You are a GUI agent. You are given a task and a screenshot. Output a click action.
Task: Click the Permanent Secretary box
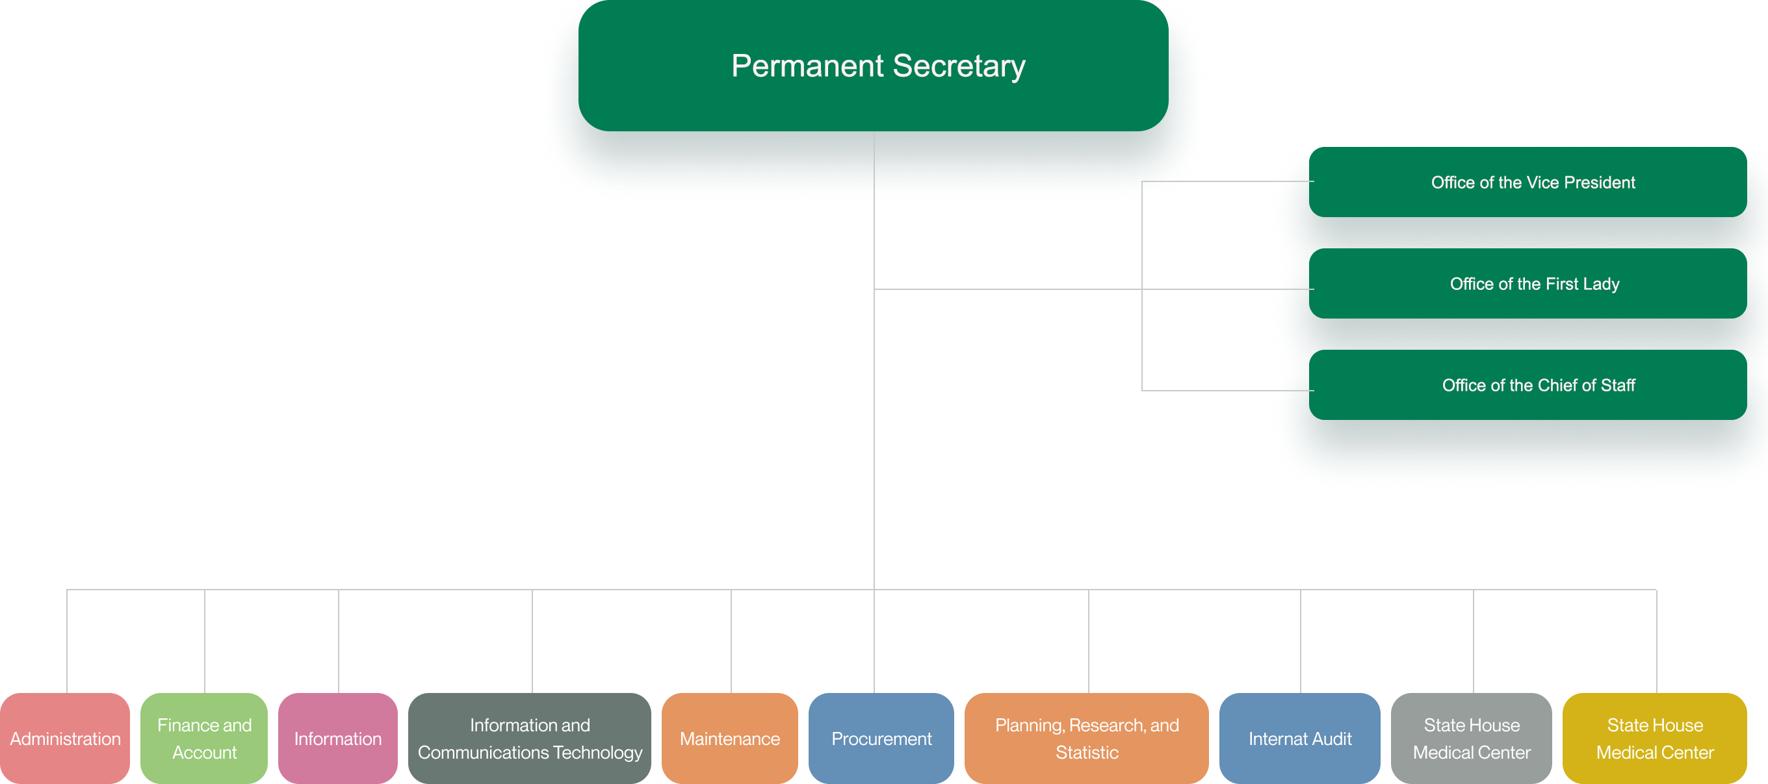pos(873,65)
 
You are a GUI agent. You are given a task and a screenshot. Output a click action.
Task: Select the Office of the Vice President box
pos(1527,183)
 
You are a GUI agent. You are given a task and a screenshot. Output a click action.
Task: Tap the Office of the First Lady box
pos(1527,283)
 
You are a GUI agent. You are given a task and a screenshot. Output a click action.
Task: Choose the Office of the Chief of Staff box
pos(1527,385)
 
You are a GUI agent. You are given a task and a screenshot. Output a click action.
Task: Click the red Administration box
pos(65,738)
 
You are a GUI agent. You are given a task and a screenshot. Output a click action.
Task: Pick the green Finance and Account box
pos(204,738)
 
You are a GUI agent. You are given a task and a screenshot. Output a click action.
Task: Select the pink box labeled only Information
pos(338,738)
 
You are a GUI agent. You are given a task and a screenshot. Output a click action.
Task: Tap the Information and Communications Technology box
pos(530,738)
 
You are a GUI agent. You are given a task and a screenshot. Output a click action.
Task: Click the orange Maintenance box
pos(729,738)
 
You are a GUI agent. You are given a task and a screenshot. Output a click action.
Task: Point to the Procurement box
pos(881,738)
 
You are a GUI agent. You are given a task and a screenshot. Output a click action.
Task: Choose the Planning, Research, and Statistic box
pos(1086,738)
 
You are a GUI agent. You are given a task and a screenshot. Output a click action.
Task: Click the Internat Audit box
pos(1300,738)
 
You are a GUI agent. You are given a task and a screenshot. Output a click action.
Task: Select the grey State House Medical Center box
pos(1472,738)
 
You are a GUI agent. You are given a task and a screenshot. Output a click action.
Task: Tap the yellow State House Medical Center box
pos(1655,738)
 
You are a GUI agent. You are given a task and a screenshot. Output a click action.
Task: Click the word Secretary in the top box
pos(959,66)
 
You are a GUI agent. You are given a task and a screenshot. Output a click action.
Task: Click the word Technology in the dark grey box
pos(598,753)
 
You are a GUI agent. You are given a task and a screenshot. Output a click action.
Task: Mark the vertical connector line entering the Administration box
pos(67,642)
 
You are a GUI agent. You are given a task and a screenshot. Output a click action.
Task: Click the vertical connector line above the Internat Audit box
pos(1301,642)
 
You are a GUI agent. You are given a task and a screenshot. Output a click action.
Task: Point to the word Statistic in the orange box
pos(1087,753)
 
